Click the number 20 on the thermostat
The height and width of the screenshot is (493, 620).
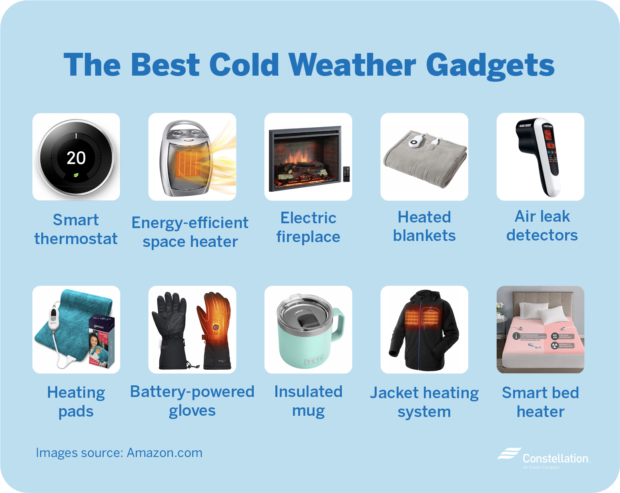76,158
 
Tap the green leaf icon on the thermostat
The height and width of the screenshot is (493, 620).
76,175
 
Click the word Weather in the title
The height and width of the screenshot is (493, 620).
352,65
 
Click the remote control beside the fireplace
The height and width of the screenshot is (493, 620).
346,174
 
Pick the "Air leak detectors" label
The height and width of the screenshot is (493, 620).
542,226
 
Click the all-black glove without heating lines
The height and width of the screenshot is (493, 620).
172,330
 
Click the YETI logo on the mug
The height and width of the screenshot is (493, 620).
314,361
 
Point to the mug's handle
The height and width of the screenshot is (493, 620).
338,324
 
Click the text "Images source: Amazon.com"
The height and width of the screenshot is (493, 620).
119,453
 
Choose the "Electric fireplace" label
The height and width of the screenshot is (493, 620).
308,227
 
